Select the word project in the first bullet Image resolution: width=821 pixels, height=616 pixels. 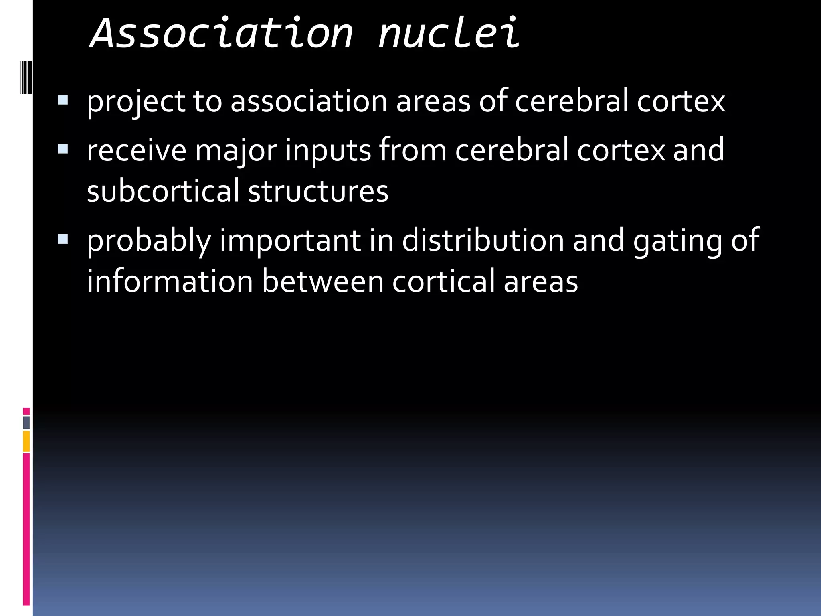pyautogui.click(x=135, y=102)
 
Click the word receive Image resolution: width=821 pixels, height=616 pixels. pyautogui.click(x=136, y=151)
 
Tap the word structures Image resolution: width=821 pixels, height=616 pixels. pyautogui.click(x=318, y=192)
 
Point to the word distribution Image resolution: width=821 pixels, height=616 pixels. pyautogui.click(x=483, y=241)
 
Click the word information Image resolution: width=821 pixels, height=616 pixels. pyautogui.click(x=170, y=282)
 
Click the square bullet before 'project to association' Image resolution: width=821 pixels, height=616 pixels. pyautogui.click(x=63, y=100)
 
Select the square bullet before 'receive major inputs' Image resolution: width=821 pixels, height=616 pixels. pyautogui.click(x=63, y=149)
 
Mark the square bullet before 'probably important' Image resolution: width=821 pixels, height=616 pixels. pyautogui.click(x=63, y=239)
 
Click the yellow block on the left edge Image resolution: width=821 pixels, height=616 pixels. pyautogui.click(x=26, y=441)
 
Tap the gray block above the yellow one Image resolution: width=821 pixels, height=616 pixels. pyautogui.click(x=26, y=422)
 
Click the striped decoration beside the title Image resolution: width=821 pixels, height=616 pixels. pyautogui.click(x=26, y=77)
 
